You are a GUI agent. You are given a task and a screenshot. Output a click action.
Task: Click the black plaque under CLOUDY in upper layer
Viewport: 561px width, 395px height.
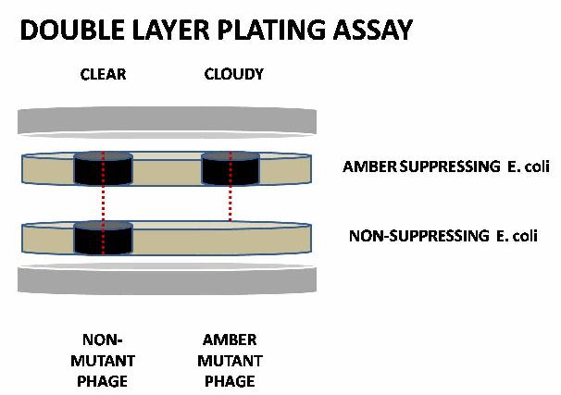click(230, 168)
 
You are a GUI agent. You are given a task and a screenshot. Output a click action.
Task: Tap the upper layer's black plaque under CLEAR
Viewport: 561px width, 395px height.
click(103, 168)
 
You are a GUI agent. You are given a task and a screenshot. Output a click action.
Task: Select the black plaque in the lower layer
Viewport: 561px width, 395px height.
click(103, 239)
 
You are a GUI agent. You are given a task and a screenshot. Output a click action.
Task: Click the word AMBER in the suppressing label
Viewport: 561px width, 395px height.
click(367, 167)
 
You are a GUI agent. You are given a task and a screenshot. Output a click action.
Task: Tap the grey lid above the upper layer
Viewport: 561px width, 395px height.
click(167, 120)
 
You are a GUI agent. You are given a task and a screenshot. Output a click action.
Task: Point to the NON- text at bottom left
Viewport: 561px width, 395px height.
click(103, 339)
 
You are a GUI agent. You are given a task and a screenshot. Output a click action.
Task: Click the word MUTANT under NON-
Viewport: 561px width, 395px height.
click(103, 361)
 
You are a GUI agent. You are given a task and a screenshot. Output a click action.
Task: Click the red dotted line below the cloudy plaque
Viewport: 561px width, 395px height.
click(230, 204)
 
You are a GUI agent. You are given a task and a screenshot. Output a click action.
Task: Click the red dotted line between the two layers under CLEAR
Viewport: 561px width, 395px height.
click(103, 204)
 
